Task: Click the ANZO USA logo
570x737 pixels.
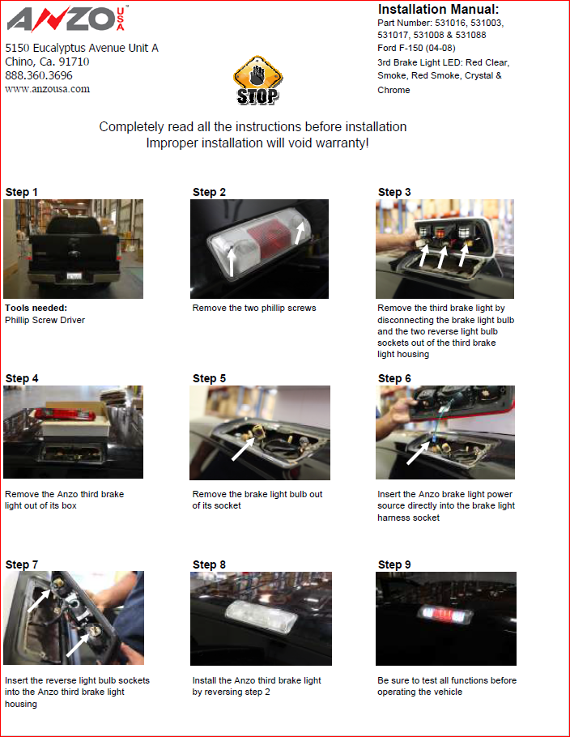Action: [x=66, y=19]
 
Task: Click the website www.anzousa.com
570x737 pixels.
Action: [x=48, y=89]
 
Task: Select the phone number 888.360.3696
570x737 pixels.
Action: [x=39, y=75]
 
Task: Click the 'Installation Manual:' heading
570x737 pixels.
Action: [x=438, y=9]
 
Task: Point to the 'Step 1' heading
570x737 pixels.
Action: [x=21, y=192]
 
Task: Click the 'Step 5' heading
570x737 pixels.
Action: [x=209, y=378]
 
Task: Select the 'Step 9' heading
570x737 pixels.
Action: [x=394, y=564]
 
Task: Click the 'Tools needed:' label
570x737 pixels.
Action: [x=36, y=308]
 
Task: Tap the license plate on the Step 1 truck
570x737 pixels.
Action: [x=74, y=276]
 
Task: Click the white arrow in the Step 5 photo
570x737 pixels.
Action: [x=243, y=449]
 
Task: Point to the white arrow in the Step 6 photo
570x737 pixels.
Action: [x=418, y=453]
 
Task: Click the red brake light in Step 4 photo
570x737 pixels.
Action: [x=65, y=414]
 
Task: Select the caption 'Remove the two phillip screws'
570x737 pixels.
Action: [x=254, y=308]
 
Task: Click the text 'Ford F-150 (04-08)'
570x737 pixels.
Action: [x=416, y=48]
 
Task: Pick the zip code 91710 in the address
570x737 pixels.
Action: [x=74, y=62]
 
